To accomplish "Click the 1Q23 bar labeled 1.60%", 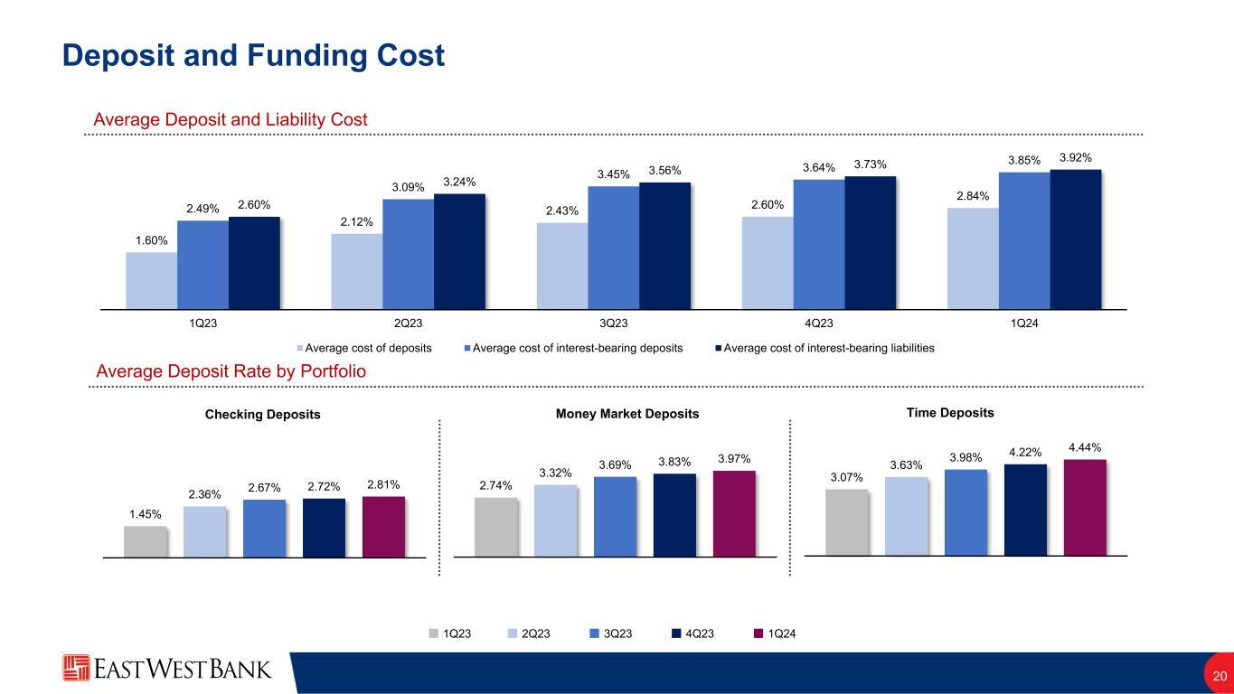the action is tap(152, 281).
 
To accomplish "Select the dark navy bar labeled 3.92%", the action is tap(1076, 239).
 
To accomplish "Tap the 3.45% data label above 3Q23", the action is tap(613, 174).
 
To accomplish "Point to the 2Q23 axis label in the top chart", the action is tap(408, 324).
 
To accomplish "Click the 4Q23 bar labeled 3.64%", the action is tap(819, 245).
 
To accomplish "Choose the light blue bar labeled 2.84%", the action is tap(973, 258).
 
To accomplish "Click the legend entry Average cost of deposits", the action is tap(364, 348).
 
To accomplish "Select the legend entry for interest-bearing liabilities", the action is tap(824, 348).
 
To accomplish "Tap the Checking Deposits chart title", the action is tap(262, 414).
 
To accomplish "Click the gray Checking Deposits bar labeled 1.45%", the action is tap(145, 541).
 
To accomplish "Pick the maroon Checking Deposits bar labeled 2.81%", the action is tap(383, 527).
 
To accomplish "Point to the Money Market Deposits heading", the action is tap(626, 414).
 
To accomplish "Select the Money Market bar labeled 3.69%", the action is tap(615, 517).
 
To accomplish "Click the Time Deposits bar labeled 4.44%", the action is tap(1085, 508).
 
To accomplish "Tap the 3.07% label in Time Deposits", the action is tap(846, 477).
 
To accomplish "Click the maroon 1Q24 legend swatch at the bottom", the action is tap(758, 633).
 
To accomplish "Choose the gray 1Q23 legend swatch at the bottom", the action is tap(434, 633).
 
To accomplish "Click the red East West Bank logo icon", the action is tap(76, 668).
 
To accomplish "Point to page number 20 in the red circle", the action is tap(1220, 676).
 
